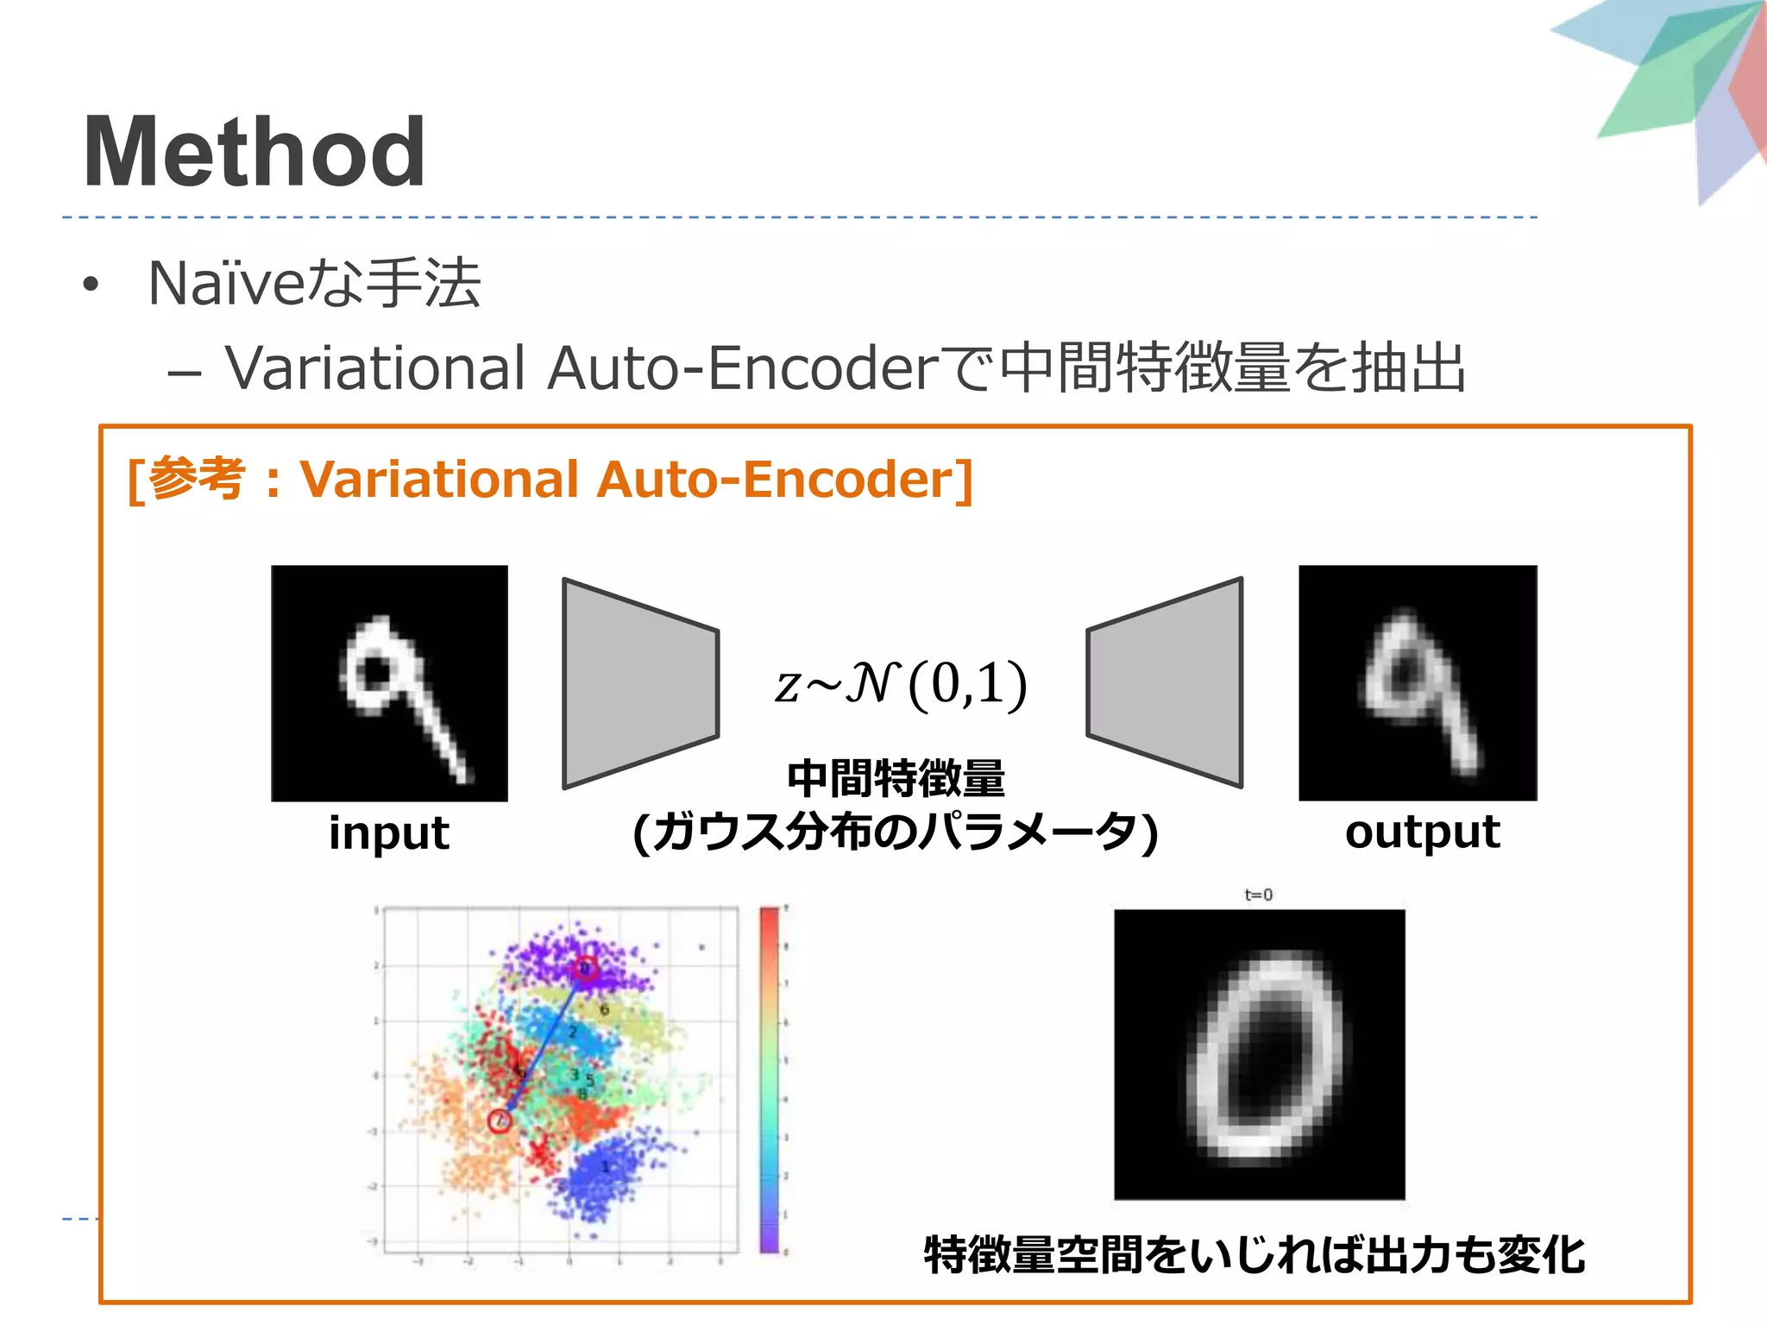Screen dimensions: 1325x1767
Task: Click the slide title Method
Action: click(x=254, y=153)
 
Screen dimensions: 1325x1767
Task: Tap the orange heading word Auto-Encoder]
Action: click(x=785, y=480)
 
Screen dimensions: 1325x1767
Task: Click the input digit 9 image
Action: click(x=389, y=683)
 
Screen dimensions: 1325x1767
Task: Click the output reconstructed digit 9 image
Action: click(x=1418, y=683)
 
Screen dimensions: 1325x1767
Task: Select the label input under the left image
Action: click(x=389, y=833)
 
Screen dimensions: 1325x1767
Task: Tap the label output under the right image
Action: click(x=1422, y=833)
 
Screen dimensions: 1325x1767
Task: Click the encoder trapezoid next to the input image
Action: click(x=639, y=683)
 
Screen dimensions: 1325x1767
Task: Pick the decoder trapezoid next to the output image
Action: click(x=1165, y=683)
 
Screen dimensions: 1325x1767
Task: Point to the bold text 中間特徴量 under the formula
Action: click(x=896, y=778)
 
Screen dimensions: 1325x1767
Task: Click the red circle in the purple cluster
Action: click(x=585, y=969)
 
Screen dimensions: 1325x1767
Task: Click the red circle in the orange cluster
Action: click(x=500, y=1121)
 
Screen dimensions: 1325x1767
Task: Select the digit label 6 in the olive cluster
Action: click(x=604, y=1009)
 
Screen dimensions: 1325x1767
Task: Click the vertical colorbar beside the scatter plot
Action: click(x=769, y=1078)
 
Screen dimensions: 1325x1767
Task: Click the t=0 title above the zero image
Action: click(x=1258, y=895)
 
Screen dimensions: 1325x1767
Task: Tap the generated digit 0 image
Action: click(x=1259, y=1054)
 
